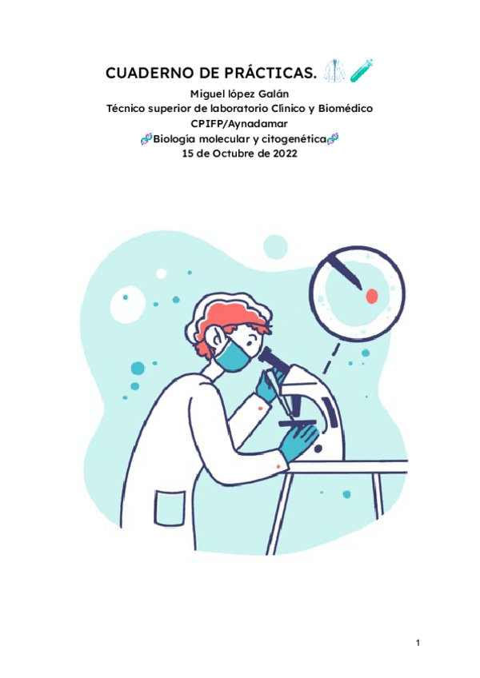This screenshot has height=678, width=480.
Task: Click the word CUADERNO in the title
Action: (143, 74)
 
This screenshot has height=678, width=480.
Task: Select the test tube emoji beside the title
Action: (362, 72)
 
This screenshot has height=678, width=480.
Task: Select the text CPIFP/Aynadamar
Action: (240, 124)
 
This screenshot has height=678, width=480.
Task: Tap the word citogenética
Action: (291, 139)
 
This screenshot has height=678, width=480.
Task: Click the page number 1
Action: (418, 643)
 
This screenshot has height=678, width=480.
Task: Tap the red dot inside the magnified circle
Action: (372, 297)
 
